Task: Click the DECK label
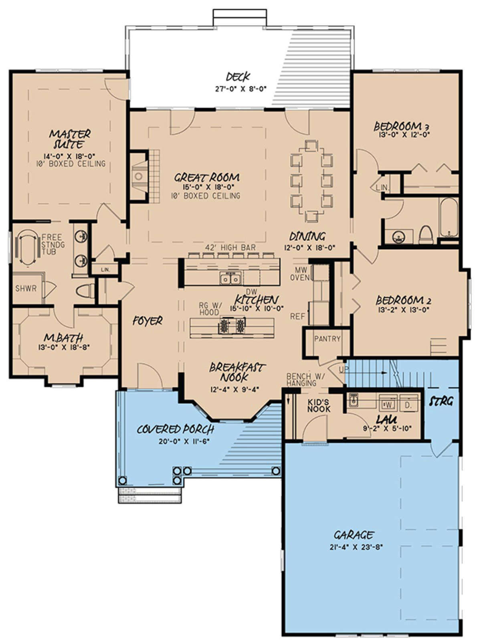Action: [238, 77]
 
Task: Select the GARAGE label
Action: [354, 535]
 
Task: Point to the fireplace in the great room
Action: [139, 177]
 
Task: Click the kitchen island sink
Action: [231, 278]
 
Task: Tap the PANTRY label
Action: [327, 339]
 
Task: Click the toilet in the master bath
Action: [84, 291]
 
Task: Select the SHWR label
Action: [26, 288]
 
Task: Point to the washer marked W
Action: [388, 405]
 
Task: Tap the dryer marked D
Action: [408, 405]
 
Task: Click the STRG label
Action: [441, 401]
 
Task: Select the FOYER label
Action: [148, 321]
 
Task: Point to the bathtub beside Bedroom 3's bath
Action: [449, 217]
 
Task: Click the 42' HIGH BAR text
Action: [230, 247]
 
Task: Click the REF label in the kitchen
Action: [297, 316]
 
